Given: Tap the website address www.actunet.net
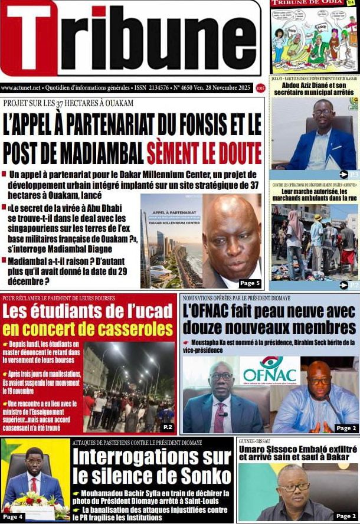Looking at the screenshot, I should coord(21,88).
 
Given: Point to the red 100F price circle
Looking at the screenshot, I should coord(260,88).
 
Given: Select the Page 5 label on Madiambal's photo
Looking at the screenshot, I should coord(250,283).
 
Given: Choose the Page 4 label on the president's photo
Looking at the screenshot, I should coord(12,517).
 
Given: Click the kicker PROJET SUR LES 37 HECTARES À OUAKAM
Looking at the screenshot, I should coord(68,104).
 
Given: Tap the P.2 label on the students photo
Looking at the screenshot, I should coord(168,427).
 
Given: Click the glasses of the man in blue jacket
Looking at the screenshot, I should coord(323,112).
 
